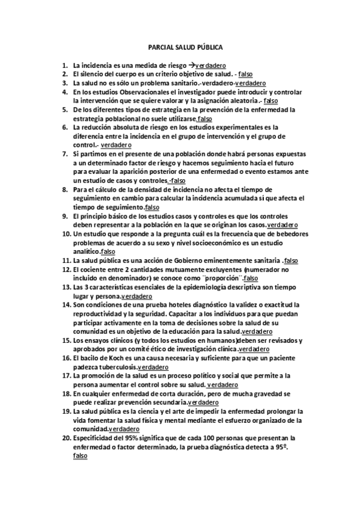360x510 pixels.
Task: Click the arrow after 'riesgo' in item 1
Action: point(192,63)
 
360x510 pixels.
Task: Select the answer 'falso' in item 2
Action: point(246,73)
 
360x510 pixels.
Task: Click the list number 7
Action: point(64,154)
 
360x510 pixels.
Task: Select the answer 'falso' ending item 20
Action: point(79,456)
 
